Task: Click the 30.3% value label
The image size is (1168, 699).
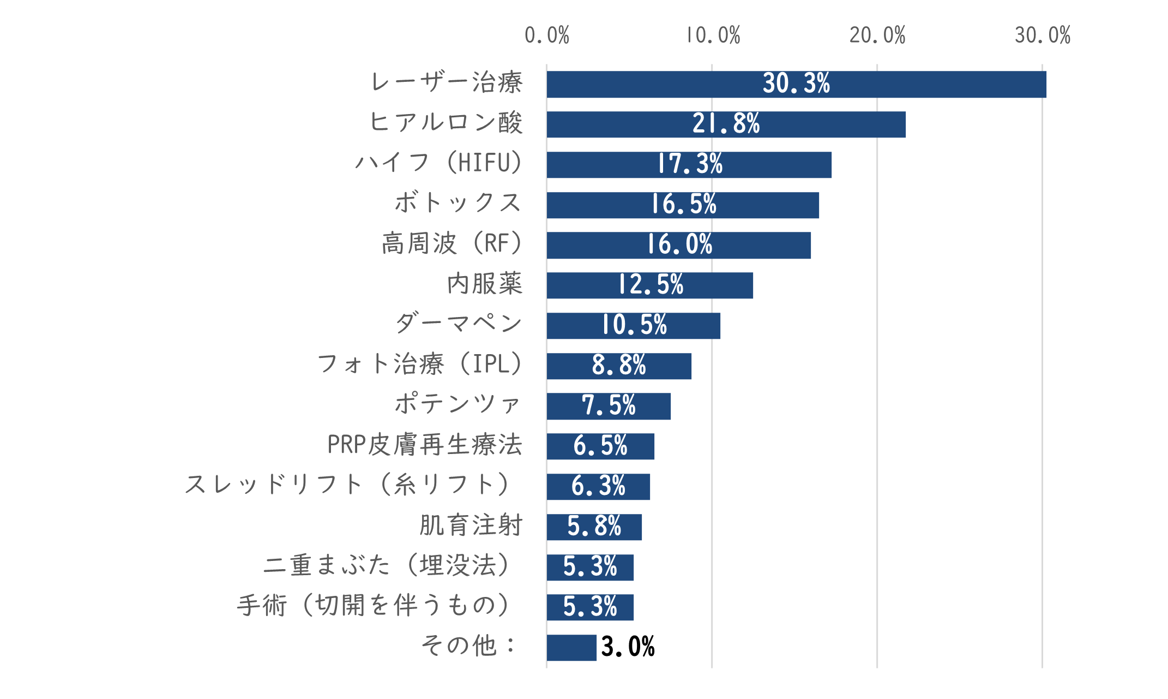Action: coord(796,83)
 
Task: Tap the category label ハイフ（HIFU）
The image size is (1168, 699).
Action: coord(439,163)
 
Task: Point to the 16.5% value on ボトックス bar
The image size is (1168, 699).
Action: coord(684,205)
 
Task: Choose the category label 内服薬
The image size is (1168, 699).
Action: coord(485,284)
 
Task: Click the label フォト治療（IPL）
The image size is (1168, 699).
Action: coord(420,364)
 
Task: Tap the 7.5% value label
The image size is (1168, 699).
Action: coord(609,405)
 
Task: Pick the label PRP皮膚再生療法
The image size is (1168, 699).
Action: coord(425,445)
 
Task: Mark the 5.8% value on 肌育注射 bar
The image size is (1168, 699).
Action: coord(594,527)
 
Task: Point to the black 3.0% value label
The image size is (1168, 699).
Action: coord(628,647)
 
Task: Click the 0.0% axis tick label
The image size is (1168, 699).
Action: coord(546,35)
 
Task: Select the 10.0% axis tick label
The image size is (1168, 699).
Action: coord(712,35)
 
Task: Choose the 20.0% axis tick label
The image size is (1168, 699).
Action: coord(877,35)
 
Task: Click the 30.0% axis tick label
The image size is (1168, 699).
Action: coord(1042,35)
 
